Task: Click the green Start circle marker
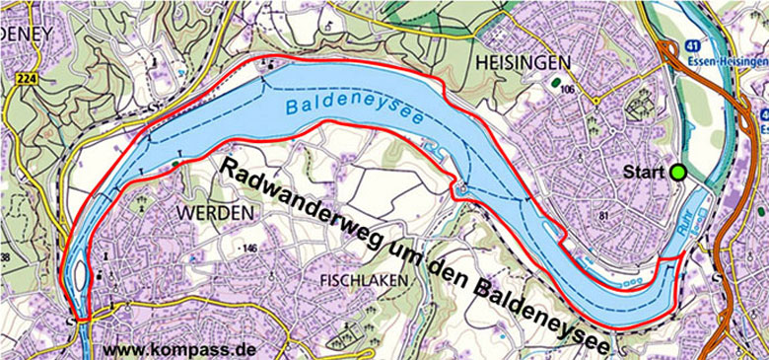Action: [679, 173]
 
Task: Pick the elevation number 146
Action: [248, 248]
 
